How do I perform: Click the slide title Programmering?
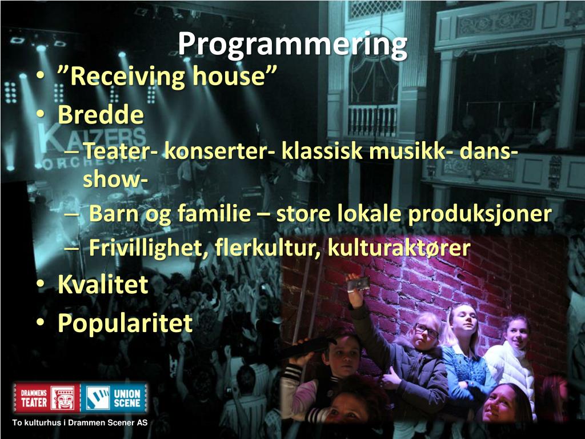(x=292, y=45)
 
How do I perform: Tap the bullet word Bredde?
(x=101, y=115)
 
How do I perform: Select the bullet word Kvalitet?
(x=103, y=285)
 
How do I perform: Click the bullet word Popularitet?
(x=125, y=323)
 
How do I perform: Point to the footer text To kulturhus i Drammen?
(x=80, y=423)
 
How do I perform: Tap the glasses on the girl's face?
(x=426, y=330)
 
